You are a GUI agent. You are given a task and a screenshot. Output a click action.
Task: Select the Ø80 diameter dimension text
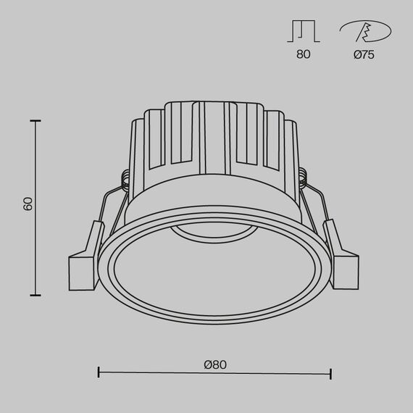tap(215, 364)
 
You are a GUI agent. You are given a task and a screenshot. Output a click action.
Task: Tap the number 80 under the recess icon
tap(303, 55)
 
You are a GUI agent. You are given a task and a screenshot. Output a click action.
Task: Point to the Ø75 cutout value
tap(364, 55)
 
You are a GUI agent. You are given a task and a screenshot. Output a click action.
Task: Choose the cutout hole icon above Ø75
tap(364, 32)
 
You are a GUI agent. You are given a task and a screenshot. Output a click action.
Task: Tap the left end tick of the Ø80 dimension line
tap(99, 373)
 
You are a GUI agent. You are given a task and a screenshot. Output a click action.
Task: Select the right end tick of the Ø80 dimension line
tap(331, 373)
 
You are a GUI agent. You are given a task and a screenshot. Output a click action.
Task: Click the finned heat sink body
tap(214, 152)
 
